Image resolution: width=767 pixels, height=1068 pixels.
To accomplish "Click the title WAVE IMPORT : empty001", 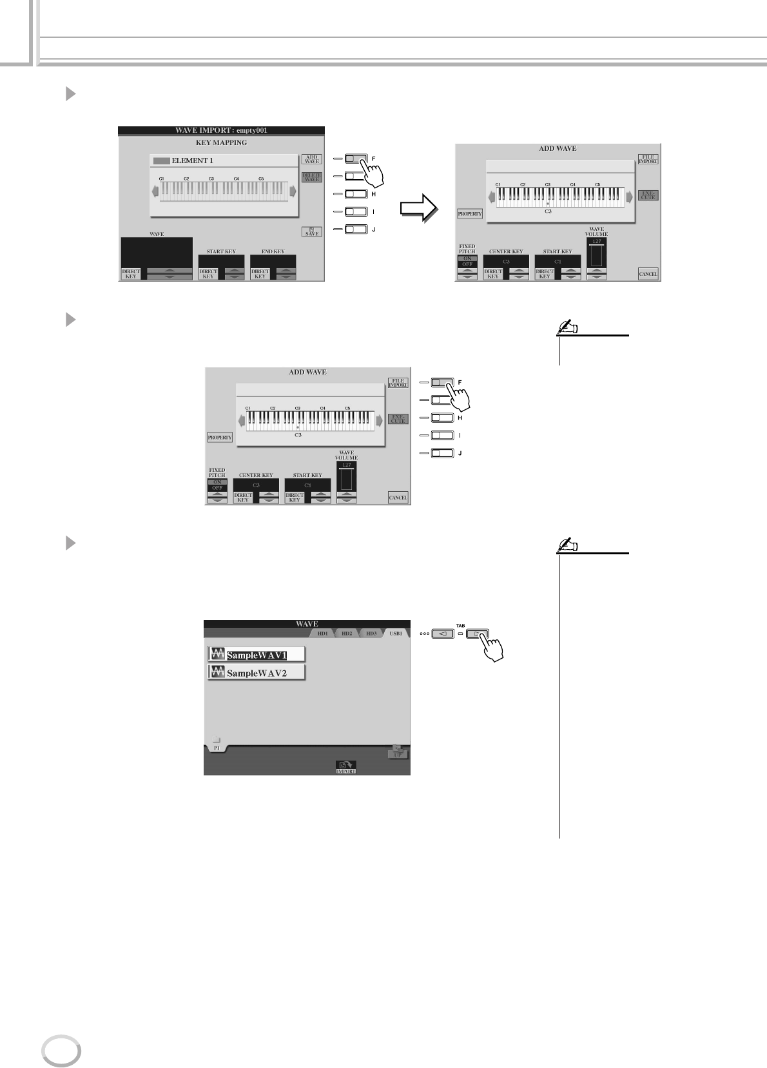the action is pyautogui.click(x=221, y=130).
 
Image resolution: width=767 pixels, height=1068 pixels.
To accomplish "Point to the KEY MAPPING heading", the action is pyautogui.click(x=221, y=142).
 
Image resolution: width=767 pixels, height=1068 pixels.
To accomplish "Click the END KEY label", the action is pyautogui.click(x=273, y=251).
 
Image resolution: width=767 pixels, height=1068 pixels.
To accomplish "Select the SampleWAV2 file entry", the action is pyautogui.click(x=256, y=673).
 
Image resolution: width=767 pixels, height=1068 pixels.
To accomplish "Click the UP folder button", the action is pyautogui.click(x=398, y=752).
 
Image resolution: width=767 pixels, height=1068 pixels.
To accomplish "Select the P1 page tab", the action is pyautogui.click(x=217, y=748).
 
